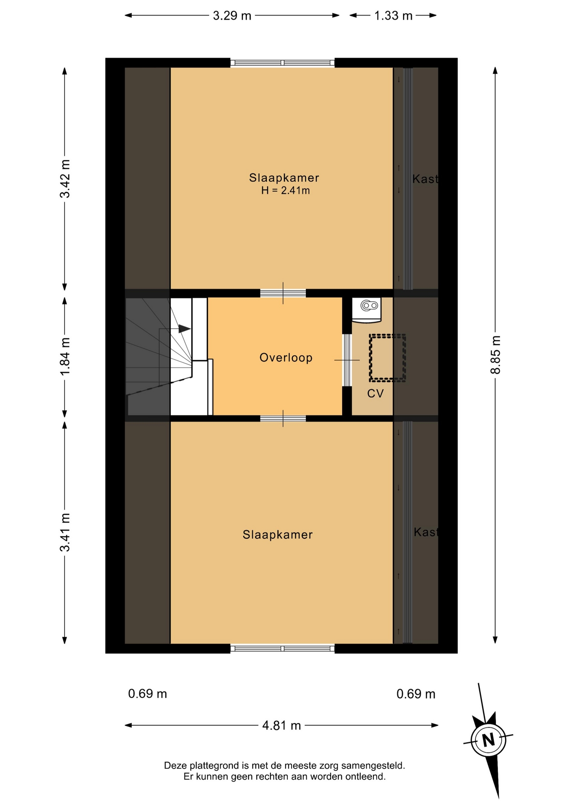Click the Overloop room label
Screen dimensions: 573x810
coord(286,358)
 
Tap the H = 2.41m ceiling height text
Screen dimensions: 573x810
coord(285,191)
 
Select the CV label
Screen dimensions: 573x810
coord(375,394)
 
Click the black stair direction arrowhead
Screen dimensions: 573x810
coord(184,328)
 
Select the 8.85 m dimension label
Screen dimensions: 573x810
coord(495,355)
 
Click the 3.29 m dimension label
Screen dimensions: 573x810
coord(232,16)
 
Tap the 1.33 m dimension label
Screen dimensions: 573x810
coord(393,16)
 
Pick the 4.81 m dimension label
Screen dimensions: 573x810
coord(281,726)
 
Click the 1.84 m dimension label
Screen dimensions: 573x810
coord(65,356)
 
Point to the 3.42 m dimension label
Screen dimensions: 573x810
coord(65,179)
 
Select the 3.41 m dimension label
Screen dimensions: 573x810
coord(65,532)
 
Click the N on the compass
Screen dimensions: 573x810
coord(488,740)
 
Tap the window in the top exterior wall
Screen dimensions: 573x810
coord(282,63)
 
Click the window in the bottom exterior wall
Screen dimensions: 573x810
coord(282,648)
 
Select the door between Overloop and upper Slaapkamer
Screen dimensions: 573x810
coord(283,293)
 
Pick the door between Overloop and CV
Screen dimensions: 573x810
coord(346,360)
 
